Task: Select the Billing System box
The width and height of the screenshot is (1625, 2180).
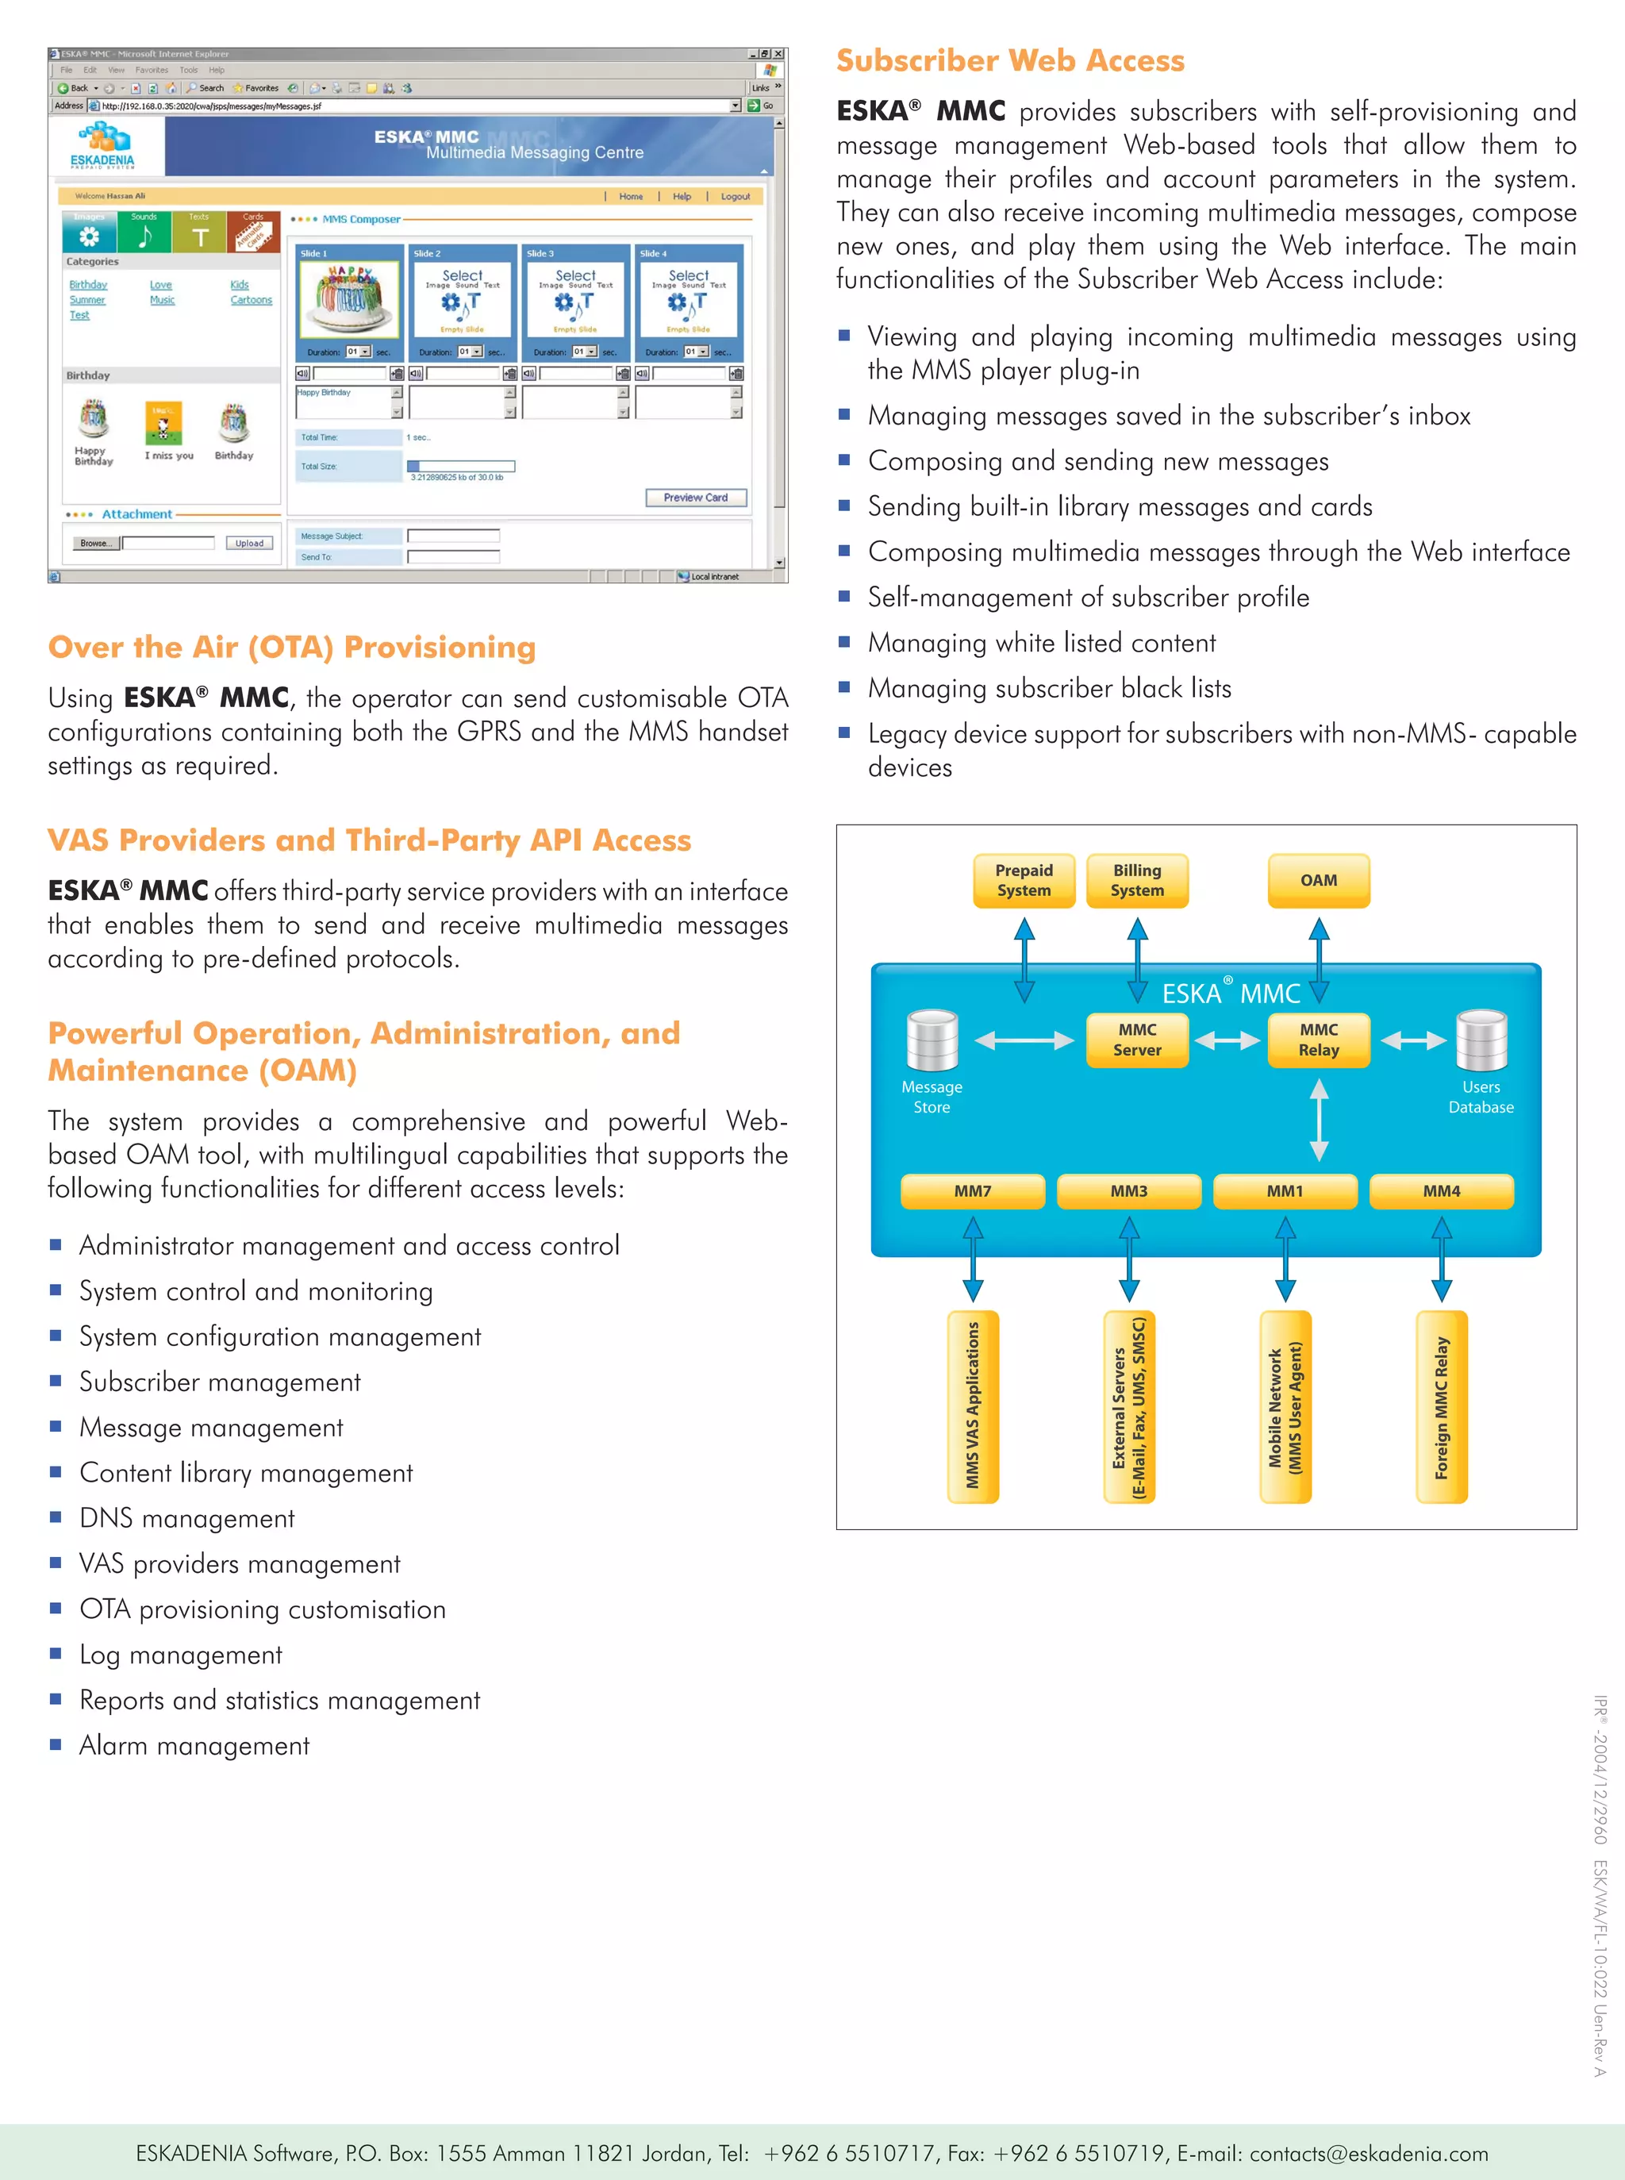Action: pyautogui.click(x=1137, y=880)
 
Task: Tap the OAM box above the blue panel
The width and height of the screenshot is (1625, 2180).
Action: pyautogui.click(x=1318, y=880)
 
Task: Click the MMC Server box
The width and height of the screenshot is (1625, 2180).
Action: pyautogui.click(x=1137, y=1040)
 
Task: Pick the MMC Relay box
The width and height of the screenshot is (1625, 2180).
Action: pyautogui.click(x=1318, y=1040)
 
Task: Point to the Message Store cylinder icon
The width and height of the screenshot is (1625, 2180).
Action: pyautogui.click(x=932, y=1040)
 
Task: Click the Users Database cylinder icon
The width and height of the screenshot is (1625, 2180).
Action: pyautogui.click(x=1481, y=1040)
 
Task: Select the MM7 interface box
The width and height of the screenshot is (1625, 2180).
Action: pyautogui.click(x=972, y=1191)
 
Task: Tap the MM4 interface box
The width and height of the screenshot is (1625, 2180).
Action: pyautogui.click(x=1441, y=1191)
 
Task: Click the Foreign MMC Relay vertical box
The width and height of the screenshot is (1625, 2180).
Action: pyautogui.click(x=1441, y=1407)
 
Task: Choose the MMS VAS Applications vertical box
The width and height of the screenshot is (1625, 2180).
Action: pyautogui.click(x=972, y=1407)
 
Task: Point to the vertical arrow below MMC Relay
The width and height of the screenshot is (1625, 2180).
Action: pyautogui.click(x=1319, y=1120)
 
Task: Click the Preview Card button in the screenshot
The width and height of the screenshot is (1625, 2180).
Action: pyautogui.click(x=695, y=498)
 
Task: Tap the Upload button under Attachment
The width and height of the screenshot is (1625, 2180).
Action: pyautogui.click(x=249, y=543)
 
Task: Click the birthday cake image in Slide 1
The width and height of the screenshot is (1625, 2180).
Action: pyautogui.click(x=349, y=299)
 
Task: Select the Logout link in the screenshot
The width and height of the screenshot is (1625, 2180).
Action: pyautogui.click(x=735, y=197)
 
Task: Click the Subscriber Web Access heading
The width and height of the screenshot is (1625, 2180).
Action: pyautogui.click(x=1010, y=61)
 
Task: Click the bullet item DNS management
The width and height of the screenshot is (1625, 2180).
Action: pyautogui.click(x=187, y=1519)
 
